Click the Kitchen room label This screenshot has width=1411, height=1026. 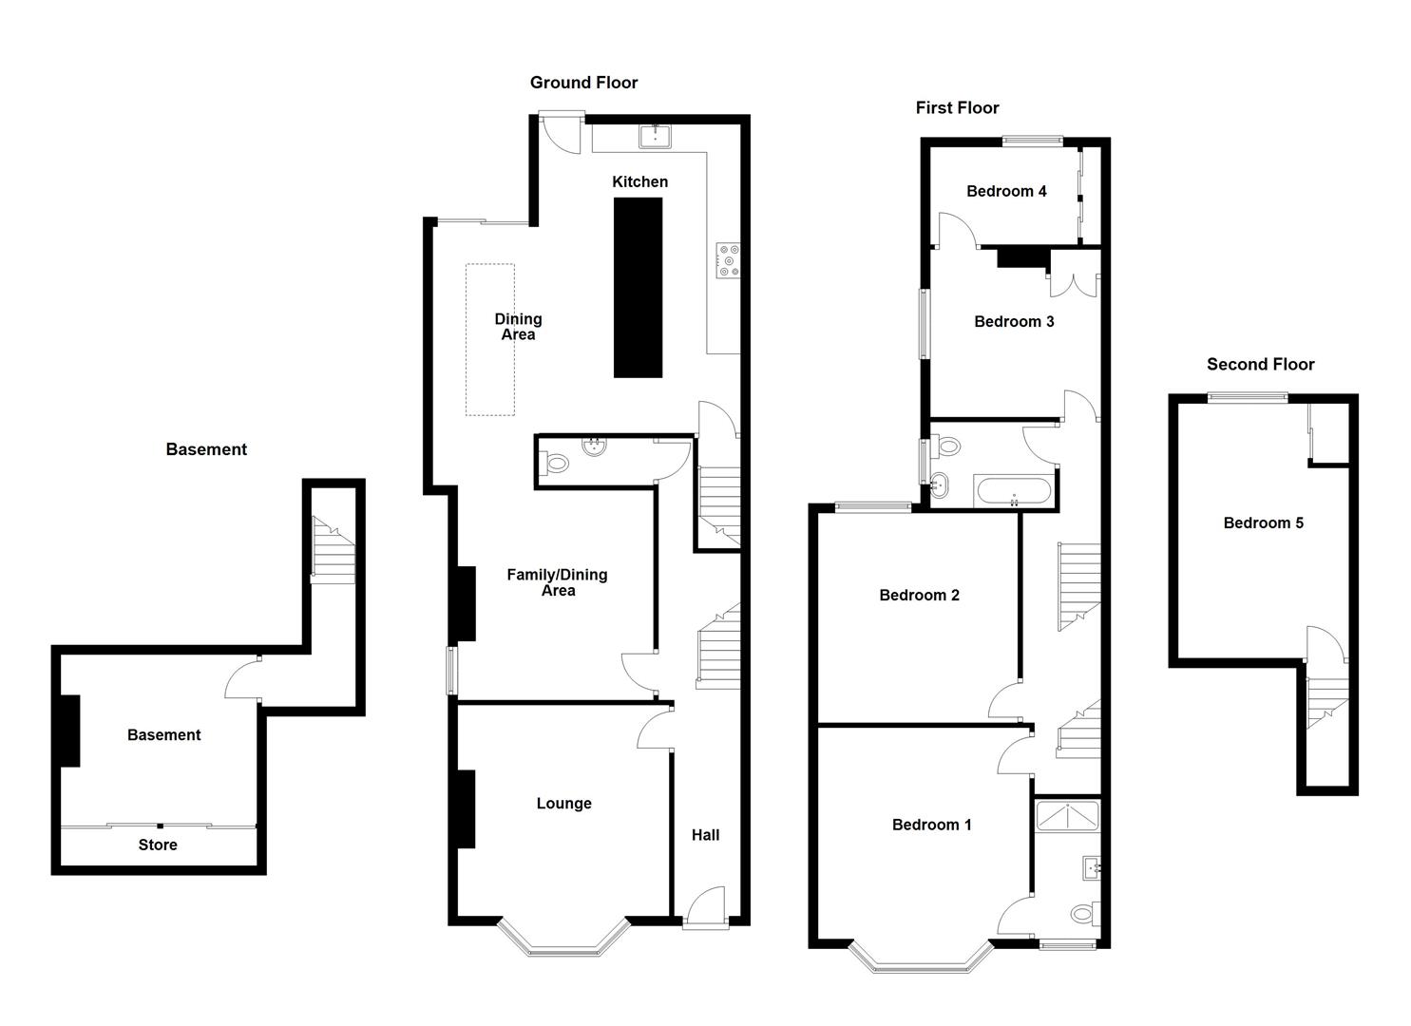pyautogui.click(x=639, y=181)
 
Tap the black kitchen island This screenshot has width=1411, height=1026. pyautogui.click(x=638, y=289)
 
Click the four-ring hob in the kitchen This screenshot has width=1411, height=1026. pyautogui.click(x=729, y=260)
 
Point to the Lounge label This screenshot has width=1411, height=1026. pyautogui.click(x=563, y=804)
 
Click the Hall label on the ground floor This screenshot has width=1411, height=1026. pyautogui.click(x=705, y=835)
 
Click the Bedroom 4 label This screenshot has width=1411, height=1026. pyautogui.click(x=1006, y=191)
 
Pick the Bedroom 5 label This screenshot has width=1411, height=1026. pyautogui.click(x=1263, y=522)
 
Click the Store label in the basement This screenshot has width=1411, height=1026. pyautogui.click(x=158, y=845)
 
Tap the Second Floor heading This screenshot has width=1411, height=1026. pyautogui.click(x=1260, y=364)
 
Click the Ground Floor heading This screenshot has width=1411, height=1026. pyautogui.click(x=583, y=83)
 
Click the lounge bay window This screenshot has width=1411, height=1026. pyautogui.click(x=563, y=943)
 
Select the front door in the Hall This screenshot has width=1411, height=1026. pyautogui.click(x=705, y=907)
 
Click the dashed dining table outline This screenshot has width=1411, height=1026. pyautogui.click(x=489, y=339)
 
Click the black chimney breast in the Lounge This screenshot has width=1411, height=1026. pyautogui.click(x=465, y=808)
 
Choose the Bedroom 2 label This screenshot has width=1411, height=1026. pyautogui.click(x=919, y=596)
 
